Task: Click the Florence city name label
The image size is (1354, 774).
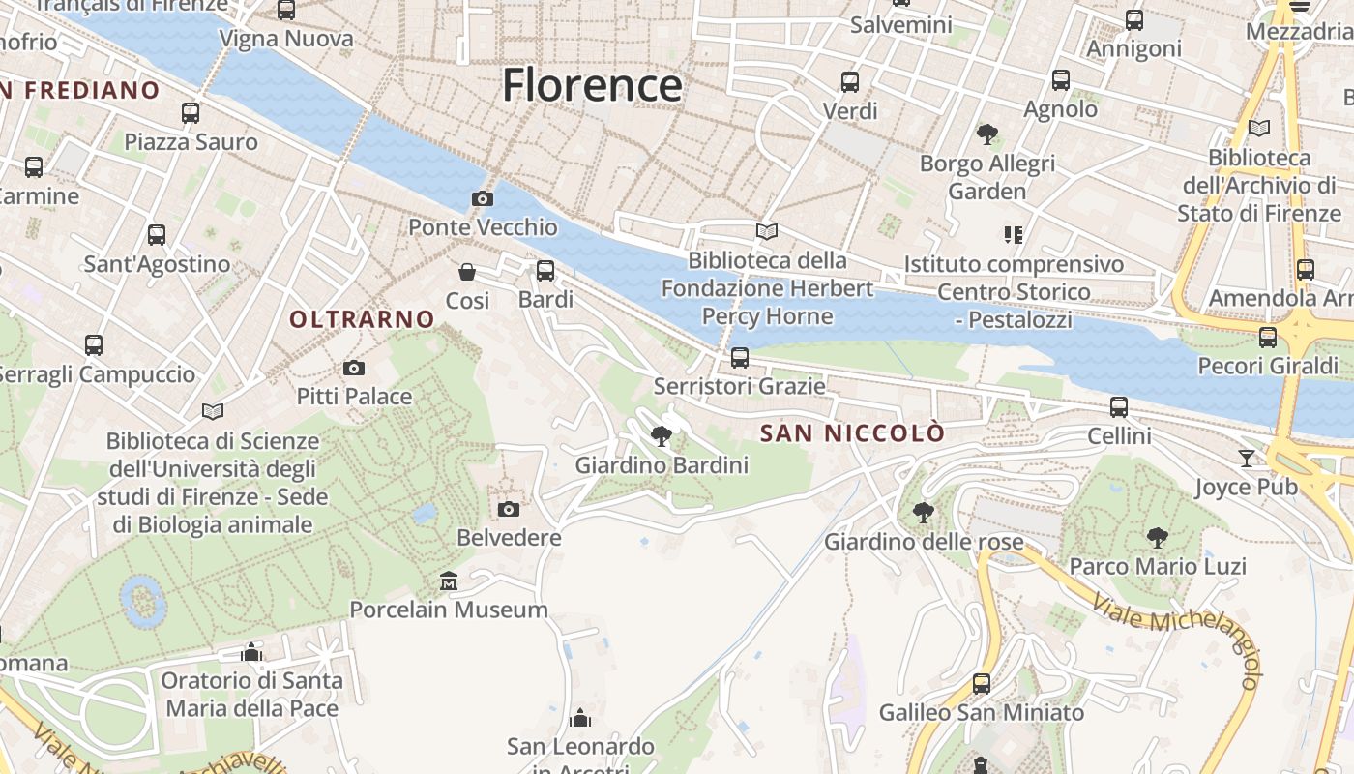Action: [592, 85]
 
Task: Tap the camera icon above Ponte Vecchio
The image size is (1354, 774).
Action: [482, 198]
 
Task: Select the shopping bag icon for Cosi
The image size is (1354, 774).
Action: [467, 271]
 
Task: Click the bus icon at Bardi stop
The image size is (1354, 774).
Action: [545, 271]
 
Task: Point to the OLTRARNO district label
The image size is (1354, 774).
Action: [363, 319]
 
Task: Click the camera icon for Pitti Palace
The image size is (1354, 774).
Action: [354, 368]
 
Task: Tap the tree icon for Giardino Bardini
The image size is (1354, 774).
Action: [662, 435]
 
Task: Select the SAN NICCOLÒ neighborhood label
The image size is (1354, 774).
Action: [851, 433]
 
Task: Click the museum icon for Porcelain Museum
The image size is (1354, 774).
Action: [449, 581]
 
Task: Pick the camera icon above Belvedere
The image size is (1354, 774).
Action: [509, 509]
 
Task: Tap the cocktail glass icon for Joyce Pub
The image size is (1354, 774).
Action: [1247, 458]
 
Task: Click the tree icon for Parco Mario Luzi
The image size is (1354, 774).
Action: [1157, 537]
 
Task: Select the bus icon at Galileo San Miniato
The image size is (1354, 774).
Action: [982, 684]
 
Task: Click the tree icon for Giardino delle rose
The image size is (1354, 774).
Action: [924, 512]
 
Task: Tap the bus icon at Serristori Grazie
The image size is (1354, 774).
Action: [740, 358]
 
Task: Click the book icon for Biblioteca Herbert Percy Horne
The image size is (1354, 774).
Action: [767, 232]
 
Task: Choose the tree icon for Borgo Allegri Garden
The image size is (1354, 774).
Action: [986, 134]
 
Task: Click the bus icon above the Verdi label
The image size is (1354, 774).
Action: [850, 82]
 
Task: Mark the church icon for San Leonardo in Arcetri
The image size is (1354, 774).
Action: [580, 718]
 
